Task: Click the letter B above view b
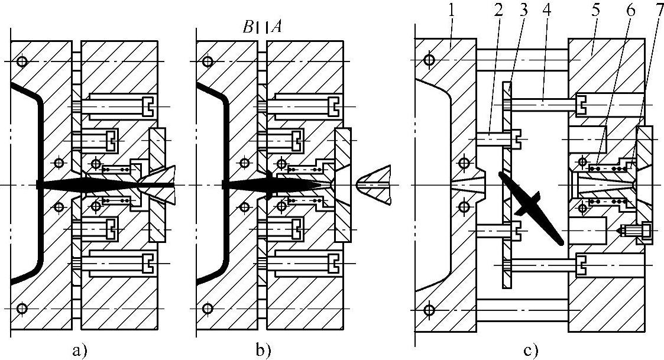pos(248,28)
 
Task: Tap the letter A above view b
pos(277,28)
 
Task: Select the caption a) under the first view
pos(80,350)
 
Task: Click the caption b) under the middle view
pos(263,350)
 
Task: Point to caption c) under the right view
pos(531,351)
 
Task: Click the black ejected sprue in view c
pos(531,207)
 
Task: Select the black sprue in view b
pos(271,185)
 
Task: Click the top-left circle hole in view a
pos(22,62)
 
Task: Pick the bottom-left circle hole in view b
pos(207,309)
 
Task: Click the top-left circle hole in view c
pos(429,60)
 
